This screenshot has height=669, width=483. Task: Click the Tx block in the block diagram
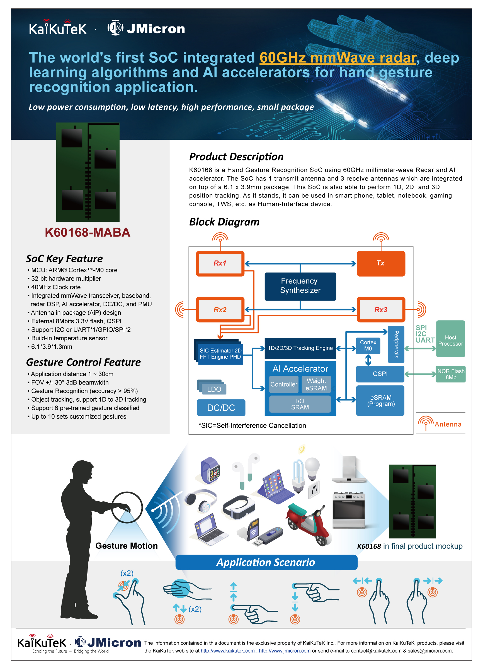(x=381, y=263)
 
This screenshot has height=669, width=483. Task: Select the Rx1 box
(x=220, y=263)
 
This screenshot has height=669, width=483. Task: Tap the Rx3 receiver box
(x=381, y=309)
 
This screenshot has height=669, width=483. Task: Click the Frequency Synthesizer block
(x=300, y=286)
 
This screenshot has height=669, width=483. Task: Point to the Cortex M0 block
(x=368, y=345)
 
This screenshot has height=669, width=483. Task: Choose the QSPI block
(x=380, y=374)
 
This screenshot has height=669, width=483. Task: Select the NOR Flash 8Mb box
(x=451, y=374)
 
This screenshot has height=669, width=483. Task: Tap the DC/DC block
(x=221, y=408)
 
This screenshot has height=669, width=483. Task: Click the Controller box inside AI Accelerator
(x=284, y=384)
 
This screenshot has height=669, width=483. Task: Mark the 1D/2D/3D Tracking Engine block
(x=300, y=348)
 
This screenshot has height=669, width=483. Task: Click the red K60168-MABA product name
(x=88, y=233)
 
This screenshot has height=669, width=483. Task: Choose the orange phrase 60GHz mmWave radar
(x=338, y=58)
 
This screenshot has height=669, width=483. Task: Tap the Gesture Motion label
(x=127, y=546)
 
